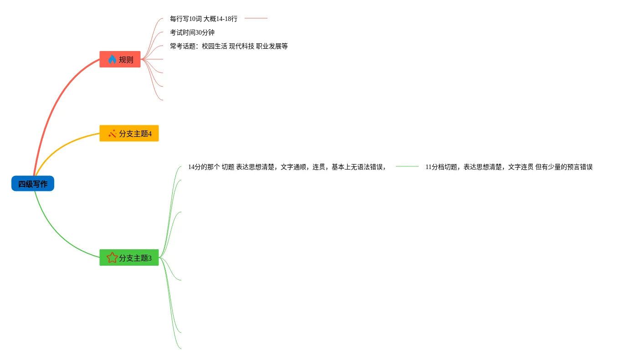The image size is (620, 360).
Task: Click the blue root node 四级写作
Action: point(33,184)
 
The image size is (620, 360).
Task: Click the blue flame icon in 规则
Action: point(112,59)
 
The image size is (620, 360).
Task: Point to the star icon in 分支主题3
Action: point(112,258)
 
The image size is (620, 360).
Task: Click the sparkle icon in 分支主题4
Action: point(112,134)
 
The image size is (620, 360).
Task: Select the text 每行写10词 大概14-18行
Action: point(204,19)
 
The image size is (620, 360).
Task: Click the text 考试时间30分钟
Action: point(192,32)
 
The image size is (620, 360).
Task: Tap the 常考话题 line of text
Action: point(229,46)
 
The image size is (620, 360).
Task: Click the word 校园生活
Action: point(214,46)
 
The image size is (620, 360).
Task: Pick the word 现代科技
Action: point(241,46)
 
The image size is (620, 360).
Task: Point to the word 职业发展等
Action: point(272,46)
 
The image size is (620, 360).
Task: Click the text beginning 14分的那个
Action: point(287,167)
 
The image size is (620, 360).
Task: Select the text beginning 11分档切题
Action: point(509,167)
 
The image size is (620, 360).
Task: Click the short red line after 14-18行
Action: point(256,19)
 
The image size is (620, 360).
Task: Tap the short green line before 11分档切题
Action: point(407,167)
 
